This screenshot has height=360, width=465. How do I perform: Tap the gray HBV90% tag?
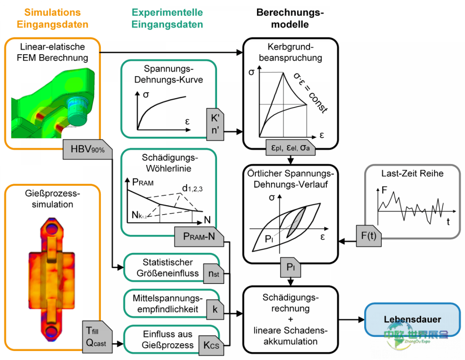pyautogui.click(x=87, y=149)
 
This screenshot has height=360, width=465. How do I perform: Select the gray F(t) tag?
pyautogui.click(x=368, y=236)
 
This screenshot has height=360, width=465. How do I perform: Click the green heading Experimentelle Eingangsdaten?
pyautogui.click(x=167, y=18)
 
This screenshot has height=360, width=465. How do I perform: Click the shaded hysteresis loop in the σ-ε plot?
pyautogui.click(x=297, y=219)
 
